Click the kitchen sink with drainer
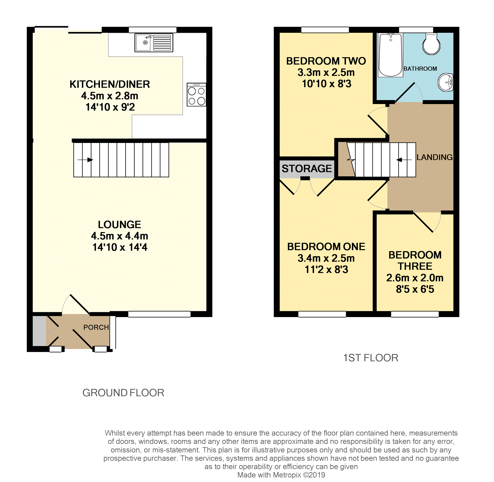154,43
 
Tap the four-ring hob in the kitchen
196,95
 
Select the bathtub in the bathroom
390,55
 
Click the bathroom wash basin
446,83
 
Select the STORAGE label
307,169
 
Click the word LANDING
434,157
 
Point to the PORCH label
96,327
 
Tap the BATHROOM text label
420,69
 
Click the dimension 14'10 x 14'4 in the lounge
120,247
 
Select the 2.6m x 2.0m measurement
415,278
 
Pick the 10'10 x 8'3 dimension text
326,84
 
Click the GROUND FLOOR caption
123,393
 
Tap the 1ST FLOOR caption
370,358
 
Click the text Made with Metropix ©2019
281,475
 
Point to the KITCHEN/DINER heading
110,84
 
